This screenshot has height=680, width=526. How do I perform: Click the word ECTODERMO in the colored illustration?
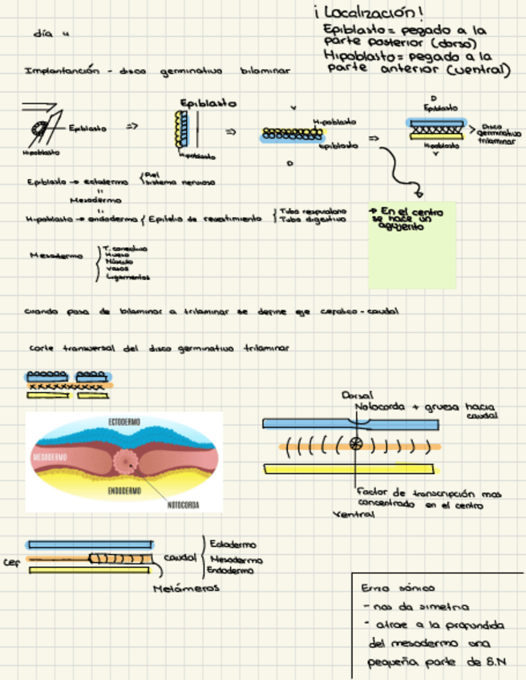tap(127, 422)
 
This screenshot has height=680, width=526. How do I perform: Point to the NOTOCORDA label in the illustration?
tap(183, 505)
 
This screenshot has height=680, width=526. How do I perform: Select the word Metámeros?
tap(187, 589)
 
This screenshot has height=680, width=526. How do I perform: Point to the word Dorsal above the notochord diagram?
tap(353, 395)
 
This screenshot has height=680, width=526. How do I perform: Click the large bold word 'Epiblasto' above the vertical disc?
tap(207, 103)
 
